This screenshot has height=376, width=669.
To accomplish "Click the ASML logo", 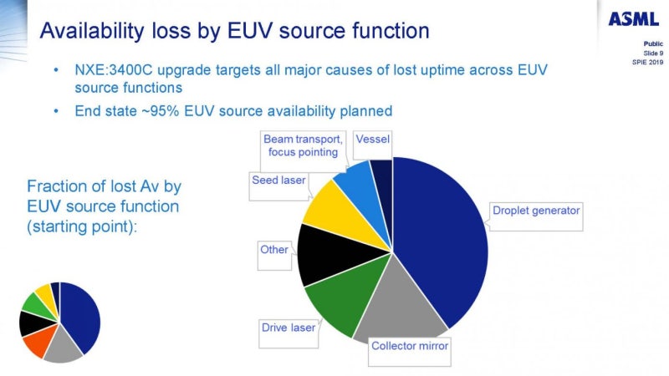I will click(x=633, y=18).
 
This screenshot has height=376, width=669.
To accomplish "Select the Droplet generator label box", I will click(x=535, y=211).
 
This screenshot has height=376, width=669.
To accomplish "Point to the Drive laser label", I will click(x=288, y=328).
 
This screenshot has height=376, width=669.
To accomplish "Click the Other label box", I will click(x=274, y=250).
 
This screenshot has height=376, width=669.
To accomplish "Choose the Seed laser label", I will click(x=278, y=180).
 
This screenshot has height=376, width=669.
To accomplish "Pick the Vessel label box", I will click(x=371, y=139).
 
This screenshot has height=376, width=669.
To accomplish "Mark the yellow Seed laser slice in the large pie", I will click(x=330, y=205).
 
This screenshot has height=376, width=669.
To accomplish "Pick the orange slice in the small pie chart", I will click(x=36, y=343).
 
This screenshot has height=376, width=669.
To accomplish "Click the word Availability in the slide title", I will click(x=94, y=31).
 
